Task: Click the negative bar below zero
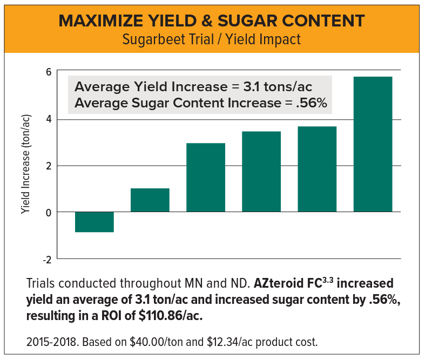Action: click(95, 222)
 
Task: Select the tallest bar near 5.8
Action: click(373, 144)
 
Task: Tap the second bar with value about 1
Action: click(150, 200)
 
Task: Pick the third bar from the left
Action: click(206, 177)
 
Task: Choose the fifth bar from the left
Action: click(317, 169)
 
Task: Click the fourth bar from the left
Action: click(261, 171)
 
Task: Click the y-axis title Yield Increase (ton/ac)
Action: click(25, 165)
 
